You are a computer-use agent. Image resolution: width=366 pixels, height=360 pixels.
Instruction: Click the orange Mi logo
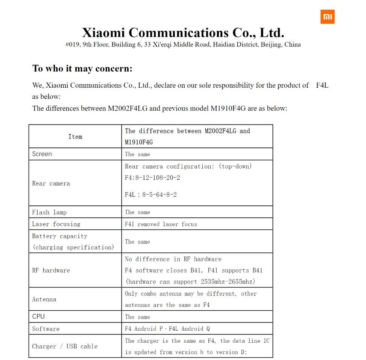pyautogui.click(x=327, y=17)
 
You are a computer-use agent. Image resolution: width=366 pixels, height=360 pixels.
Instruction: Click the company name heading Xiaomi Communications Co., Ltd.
pyautogui.click(x=183, y=33)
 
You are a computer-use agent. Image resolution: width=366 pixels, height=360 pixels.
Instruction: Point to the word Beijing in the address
pyautogui.click(x=270, y=45)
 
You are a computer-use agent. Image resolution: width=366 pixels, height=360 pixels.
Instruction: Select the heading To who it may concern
pyautogui.click(x=82, y=68)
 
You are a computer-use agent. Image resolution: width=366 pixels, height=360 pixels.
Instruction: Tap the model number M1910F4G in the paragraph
pyautogui.click(x=228, y=108)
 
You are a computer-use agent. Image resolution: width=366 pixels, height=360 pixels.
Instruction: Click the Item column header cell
pyautogui.click(x=75, y=137)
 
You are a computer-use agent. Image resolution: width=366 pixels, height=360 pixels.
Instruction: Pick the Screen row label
pyautogui.click(x=42, y=154)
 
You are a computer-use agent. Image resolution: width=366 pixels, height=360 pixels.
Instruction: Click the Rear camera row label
pyautogui.click(x=51, y=184)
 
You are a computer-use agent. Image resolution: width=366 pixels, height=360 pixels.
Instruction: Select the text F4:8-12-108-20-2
pyautogui.click(x=152, y=178)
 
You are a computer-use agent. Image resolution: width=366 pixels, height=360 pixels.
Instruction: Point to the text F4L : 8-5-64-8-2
pyautogui.click(x=151, y=195)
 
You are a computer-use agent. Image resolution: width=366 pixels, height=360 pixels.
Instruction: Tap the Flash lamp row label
pyautogui.click(x=49, y=212)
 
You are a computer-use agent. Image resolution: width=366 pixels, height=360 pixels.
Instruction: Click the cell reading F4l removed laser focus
pyautogui.click(x=161, y=224)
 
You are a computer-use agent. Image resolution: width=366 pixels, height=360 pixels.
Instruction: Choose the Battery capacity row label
pyautogui.click(x=59, y=236)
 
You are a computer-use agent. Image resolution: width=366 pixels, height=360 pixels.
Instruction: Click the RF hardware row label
pyautogui.click(x=51, y=270)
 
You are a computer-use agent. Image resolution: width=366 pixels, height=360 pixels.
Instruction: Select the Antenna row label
pyautogui.click(x=44, y=299)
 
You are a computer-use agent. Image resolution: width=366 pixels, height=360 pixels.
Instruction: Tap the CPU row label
pyautogui.click(x=38, y=316)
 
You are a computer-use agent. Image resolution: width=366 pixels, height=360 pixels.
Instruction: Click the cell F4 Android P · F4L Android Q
pyautogui.click(x=167, y=329)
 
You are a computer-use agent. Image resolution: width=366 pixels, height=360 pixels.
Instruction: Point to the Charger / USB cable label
pyautogui.click(x=65, y=346)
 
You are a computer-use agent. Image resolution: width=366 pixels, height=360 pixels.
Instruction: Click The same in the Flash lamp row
pyautogui.click(x=137, y=212)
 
